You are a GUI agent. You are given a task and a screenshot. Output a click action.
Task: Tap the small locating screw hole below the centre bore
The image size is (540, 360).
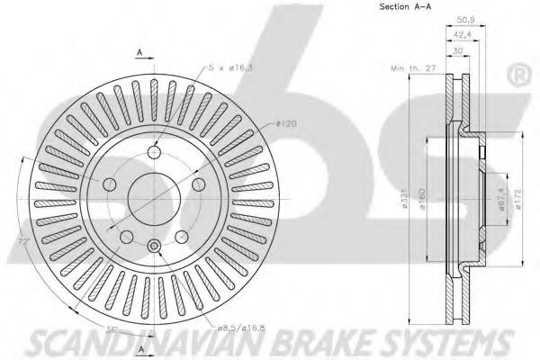153,246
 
